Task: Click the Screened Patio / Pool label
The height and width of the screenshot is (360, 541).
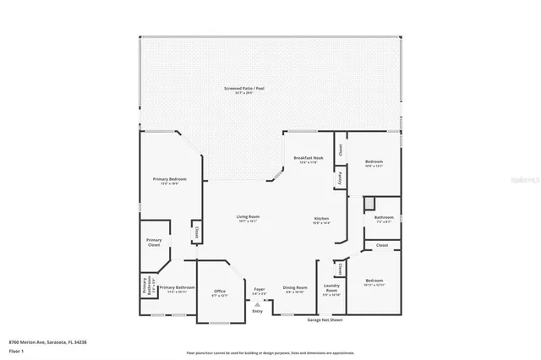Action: pyautogui.click(x=239, y=89)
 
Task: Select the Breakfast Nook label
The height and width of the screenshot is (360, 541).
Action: pyautogui.click(x=305, y=160)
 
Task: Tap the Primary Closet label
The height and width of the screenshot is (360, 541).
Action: pyautogui.click(x=154, y=243)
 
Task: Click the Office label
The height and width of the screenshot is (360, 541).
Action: pyautogui.click(x=220, y=292)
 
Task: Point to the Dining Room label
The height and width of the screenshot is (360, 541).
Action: pyautogui.click(x=295, y=289)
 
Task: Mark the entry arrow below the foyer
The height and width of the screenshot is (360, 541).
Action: pyautogui.click(x=257, y=303)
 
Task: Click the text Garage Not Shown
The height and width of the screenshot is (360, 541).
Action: pyautogui.click(x=325, y=320)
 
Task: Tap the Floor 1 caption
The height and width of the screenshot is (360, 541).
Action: pyautogui.click(x=16, y=350)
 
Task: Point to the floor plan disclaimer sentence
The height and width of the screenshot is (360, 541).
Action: pyautogui.click(x=270, y=352)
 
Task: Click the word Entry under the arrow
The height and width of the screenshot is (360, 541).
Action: pyautogui.click(x=257, y=310)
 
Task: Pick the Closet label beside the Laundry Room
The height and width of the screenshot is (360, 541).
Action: pyautogui.click(x=340, y=269)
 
